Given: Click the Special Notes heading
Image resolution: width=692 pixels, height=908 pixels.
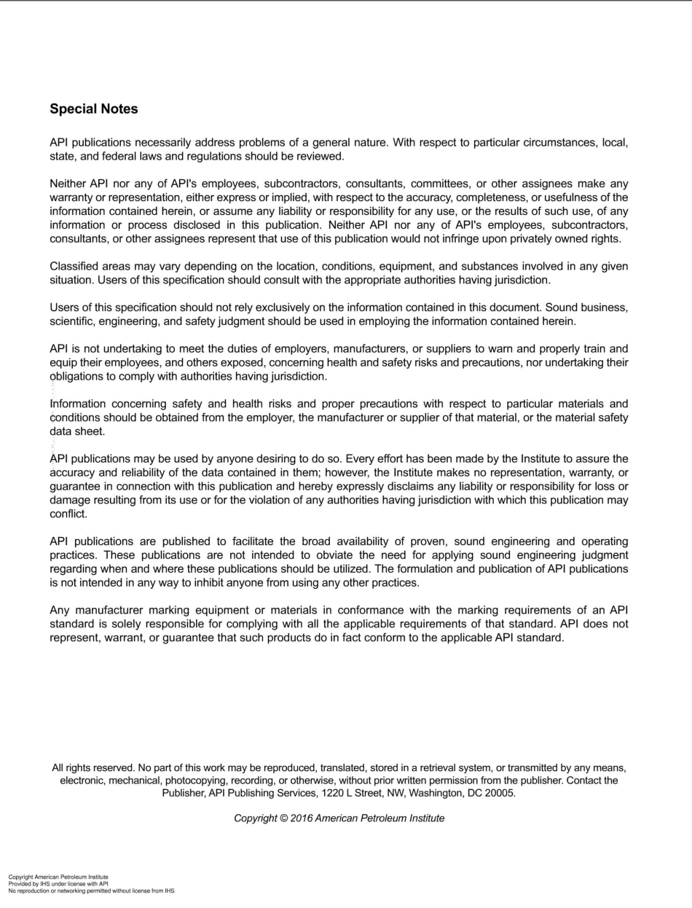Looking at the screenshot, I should [x=93, y=109].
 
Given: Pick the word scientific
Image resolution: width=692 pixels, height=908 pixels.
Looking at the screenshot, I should [x=74, y=321].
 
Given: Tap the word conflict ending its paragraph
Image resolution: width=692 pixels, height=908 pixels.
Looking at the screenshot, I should [x=68, y=514].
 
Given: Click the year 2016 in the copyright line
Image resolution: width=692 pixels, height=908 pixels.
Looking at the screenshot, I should [x=302, y=818].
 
